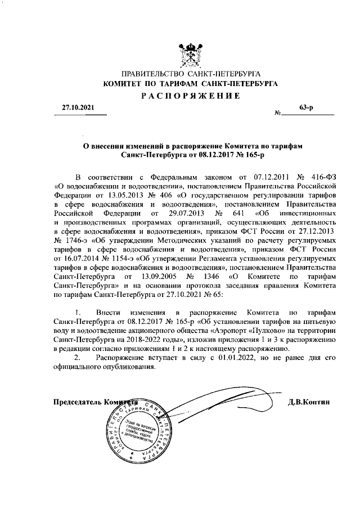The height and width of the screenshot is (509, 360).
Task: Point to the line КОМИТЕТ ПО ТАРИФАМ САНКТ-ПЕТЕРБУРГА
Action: pos(190,84)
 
